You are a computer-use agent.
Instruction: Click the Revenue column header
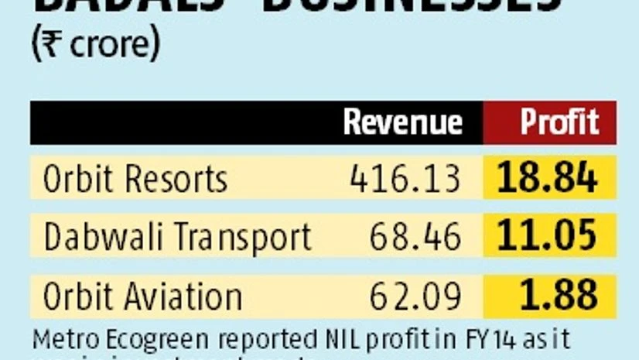point(402,122)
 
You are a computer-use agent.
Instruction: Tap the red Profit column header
point(559,122)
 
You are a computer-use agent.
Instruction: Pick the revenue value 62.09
point(415,296)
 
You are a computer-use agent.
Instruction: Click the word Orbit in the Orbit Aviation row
point(77,296)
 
